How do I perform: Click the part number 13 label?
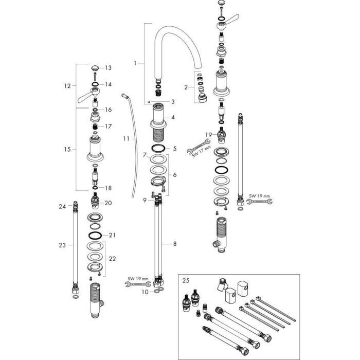tap(109, 68)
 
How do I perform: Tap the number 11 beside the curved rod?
tap(127, 139)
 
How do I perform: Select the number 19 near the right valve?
tap(208, 134)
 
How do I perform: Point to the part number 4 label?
tap(173, 117)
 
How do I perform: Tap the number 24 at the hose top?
tap(62, 206)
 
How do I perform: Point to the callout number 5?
tap(174, 149)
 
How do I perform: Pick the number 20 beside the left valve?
tap(108, 203)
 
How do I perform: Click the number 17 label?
tap(109, 126)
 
